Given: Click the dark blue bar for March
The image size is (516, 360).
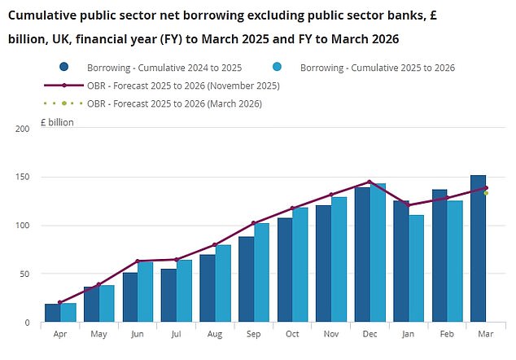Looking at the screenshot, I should click(x=478, y=248).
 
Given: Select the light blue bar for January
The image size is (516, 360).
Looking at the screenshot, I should click(x=417, y=269).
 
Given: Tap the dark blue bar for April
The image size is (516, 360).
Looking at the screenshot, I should click(x=52, y=314).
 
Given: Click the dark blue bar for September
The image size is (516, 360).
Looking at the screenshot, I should click(x=246, y=279).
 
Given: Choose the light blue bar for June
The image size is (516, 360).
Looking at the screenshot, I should click(x=146, y=292).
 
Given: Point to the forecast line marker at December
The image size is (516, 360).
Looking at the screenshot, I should click(x=370, y=182).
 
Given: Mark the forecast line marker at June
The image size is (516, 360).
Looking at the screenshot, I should click(x=137, y=261).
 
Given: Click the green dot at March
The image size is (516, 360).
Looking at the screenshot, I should click(x=486, y=193).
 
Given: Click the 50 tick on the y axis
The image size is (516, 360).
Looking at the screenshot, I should click(x=25, y=274).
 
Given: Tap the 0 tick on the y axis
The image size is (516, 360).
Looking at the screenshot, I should click(x=28, y=323).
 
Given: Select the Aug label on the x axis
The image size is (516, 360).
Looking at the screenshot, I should click(x=216, y=334).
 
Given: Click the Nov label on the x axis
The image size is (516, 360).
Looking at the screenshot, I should click(x=331, y=334).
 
